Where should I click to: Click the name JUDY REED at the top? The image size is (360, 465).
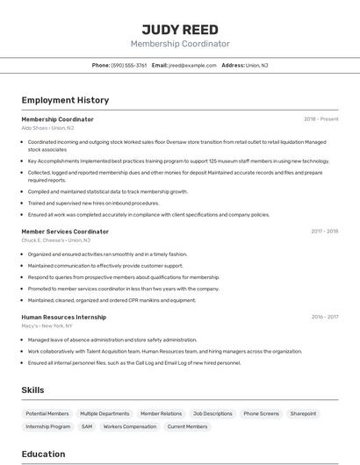(x=180, y=29)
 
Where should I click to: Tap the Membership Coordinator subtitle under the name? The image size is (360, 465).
(x=180, y=44)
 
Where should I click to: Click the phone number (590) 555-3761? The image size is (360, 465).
(x=128, y=65)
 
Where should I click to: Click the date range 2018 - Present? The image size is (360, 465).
(x=320, y=119)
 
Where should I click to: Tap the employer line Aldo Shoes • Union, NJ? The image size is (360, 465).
(x=48, y=128)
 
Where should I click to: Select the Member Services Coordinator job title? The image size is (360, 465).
(x=65, y=232)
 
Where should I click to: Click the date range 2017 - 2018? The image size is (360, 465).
(x=324, y=232)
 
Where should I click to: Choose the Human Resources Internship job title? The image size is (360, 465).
(x=63, y=318)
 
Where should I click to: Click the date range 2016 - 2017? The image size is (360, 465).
(x=324, y=318)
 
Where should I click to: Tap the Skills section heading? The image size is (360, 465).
(x=33, y=390)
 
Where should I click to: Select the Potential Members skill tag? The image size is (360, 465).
(x=47, y=413)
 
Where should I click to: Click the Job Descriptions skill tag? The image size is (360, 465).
(x=212, y=413)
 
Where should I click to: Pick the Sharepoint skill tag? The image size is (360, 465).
(x=303, y=413)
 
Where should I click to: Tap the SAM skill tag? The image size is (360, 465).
(x=87, y=426)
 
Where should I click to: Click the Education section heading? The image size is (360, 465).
(x=44, y=454)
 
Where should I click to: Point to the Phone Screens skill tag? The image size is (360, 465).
(x=261, y=413)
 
